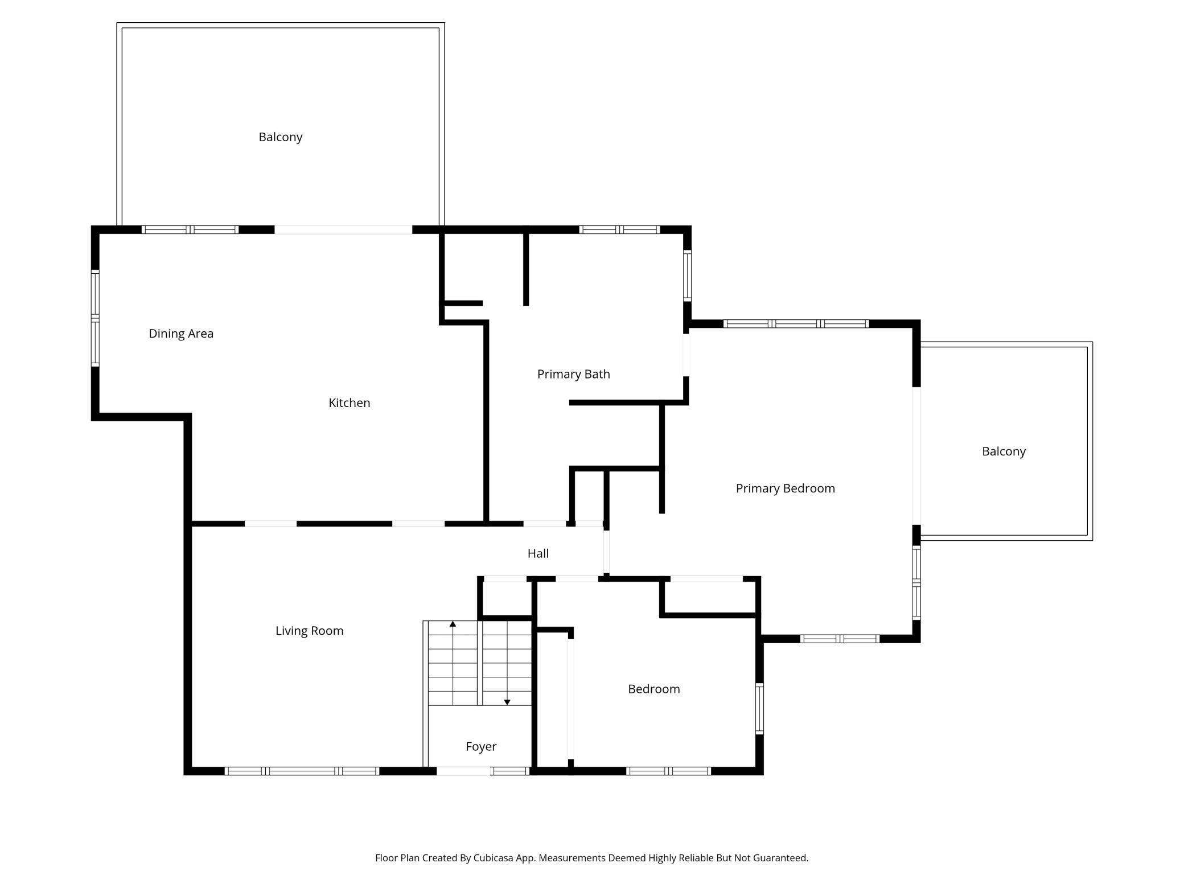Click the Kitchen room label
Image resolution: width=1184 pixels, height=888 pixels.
point(350,403)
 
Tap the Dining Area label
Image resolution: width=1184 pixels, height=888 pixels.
point(181,334)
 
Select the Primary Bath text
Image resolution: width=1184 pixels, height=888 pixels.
point(574,374)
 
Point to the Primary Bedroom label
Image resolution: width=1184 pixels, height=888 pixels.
point(786,488)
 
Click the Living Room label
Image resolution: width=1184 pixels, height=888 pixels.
point(310,631)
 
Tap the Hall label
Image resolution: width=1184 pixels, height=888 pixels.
point(538,553)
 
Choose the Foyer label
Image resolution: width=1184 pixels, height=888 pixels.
point(481,747)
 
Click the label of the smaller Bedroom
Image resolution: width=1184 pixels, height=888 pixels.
point(654,689)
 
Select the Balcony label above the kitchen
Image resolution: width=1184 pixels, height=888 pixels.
point(281,137)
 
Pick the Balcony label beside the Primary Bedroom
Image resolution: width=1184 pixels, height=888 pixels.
point(1004,451)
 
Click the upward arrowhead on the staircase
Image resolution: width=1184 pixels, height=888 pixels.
point(453,624)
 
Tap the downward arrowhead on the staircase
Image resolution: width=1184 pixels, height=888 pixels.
point(507,702)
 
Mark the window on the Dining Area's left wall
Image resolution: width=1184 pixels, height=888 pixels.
point(96,318)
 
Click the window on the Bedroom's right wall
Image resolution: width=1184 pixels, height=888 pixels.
point(759,709)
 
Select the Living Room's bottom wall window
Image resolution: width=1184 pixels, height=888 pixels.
point(302,771)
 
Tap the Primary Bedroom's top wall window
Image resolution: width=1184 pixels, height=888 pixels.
point(796,324)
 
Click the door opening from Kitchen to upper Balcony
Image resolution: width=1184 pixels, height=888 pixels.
point(343,230)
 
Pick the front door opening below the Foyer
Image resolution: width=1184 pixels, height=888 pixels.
point(463,771)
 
